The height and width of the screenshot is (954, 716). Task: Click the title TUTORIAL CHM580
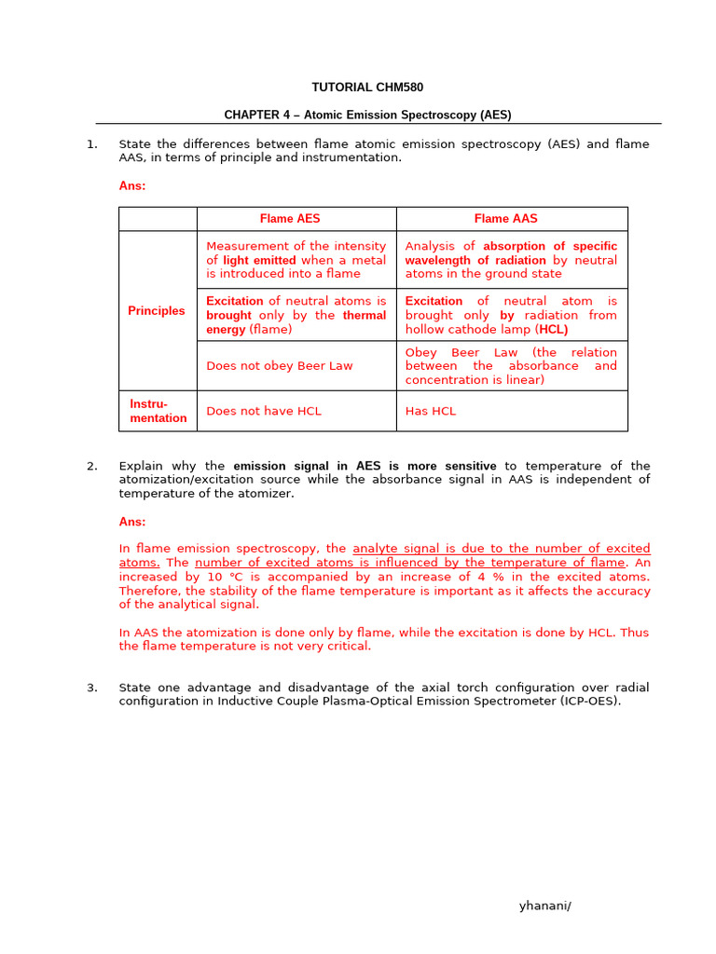click(367, 88)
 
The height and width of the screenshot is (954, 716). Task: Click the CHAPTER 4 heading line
click(367, 116)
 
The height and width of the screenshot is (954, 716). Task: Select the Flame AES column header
click(290, 219)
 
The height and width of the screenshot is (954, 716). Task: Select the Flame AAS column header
click(505, 219)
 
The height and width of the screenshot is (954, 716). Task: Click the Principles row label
click(157, 311)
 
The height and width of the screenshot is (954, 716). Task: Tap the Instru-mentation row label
click(158, 411)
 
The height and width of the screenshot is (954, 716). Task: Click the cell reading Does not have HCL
click(264, 411)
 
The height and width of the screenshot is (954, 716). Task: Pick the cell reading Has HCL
click(431, 411)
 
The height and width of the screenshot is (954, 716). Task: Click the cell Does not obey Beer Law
click(280, 366)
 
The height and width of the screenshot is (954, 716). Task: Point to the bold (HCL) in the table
click(553, 329)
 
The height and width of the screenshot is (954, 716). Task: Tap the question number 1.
click(91, 144)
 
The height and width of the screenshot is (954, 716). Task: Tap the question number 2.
click(91, 466)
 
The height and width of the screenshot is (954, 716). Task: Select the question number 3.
click(91, 688)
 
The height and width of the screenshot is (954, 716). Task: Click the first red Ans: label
click(132, 185)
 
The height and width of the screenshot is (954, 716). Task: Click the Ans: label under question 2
click(132, 522)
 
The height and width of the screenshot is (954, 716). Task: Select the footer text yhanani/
click(544, 906)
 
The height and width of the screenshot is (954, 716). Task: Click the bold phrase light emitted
click(259, 260)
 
